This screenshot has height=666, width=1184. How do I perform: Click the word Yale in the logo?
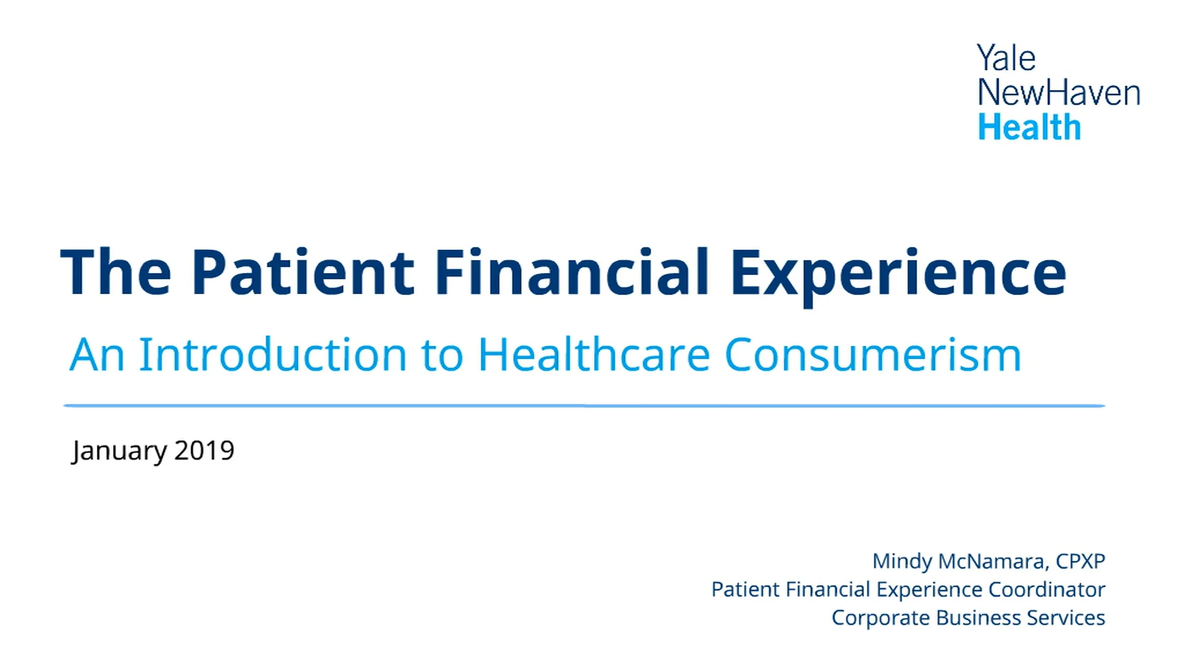coord(1006,59)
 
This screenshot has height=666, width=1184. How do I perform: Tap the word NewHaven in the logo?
coord(1059,93)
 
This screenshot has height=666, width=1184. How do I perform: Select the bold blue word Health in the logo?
coord(1029,128)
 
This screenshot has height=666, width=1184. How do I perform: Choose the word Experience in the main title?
coord(898,273)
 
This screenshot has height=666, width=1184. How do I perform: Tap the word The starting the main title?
coord(116,273)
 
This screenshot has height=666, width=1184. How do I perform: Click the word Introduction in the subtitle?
coord(273,355)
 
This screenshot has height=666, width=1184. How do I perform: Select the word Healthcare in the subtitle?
coord(594,355)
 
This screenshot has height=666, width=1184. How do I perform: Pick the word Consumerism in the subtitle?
coord(873,355)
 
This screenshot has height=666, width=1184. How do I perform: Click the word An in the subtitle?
coord(97,355)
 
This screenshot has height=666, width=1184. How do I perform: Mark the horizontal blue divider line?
coord(584,406)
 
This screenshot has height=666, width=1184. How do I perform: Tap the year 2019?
coord(204,451)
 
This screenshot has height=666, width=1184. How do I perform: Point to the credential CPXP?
coord(1080,561)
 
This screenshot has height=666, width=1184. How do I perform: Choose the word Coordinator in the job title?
coord(1046,590)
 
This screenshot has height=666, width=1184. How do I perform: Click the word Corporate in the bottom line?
coord(881,618)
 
